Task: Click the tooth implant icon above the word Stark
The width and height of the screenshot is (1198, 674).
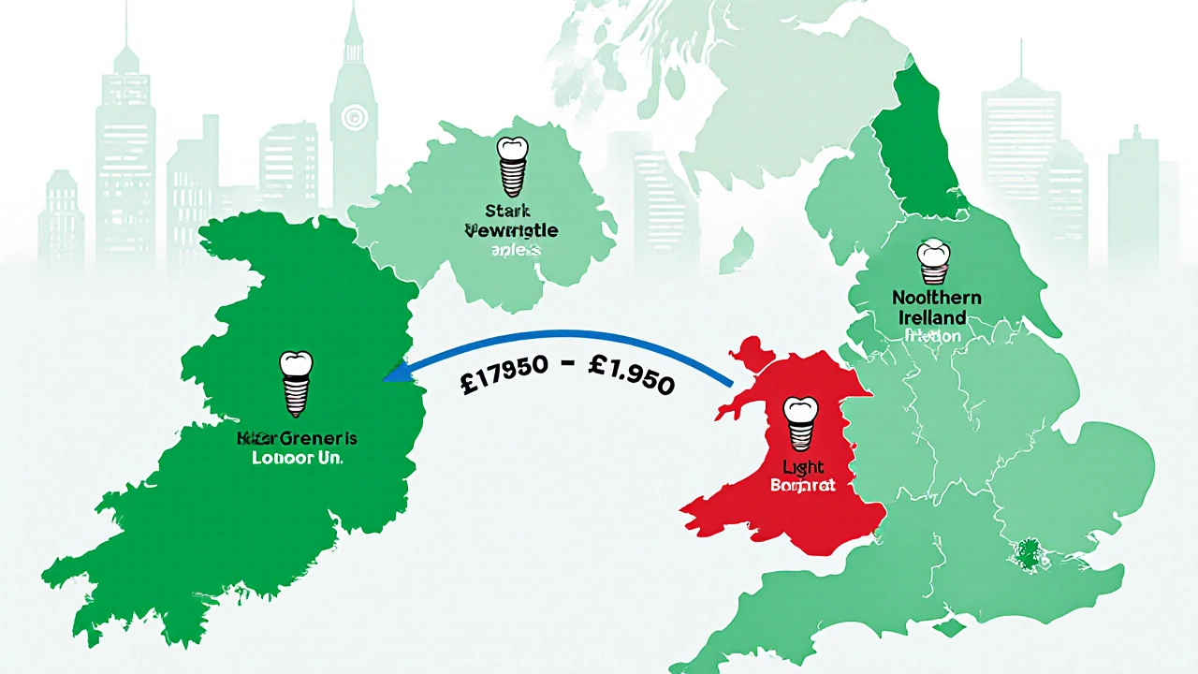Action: tap(510, 163)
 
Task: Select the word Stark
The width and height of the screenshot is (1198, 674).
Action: tap(509, 211)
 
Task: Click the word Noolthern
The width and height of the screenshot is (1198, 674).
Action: tap(935, 298)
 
